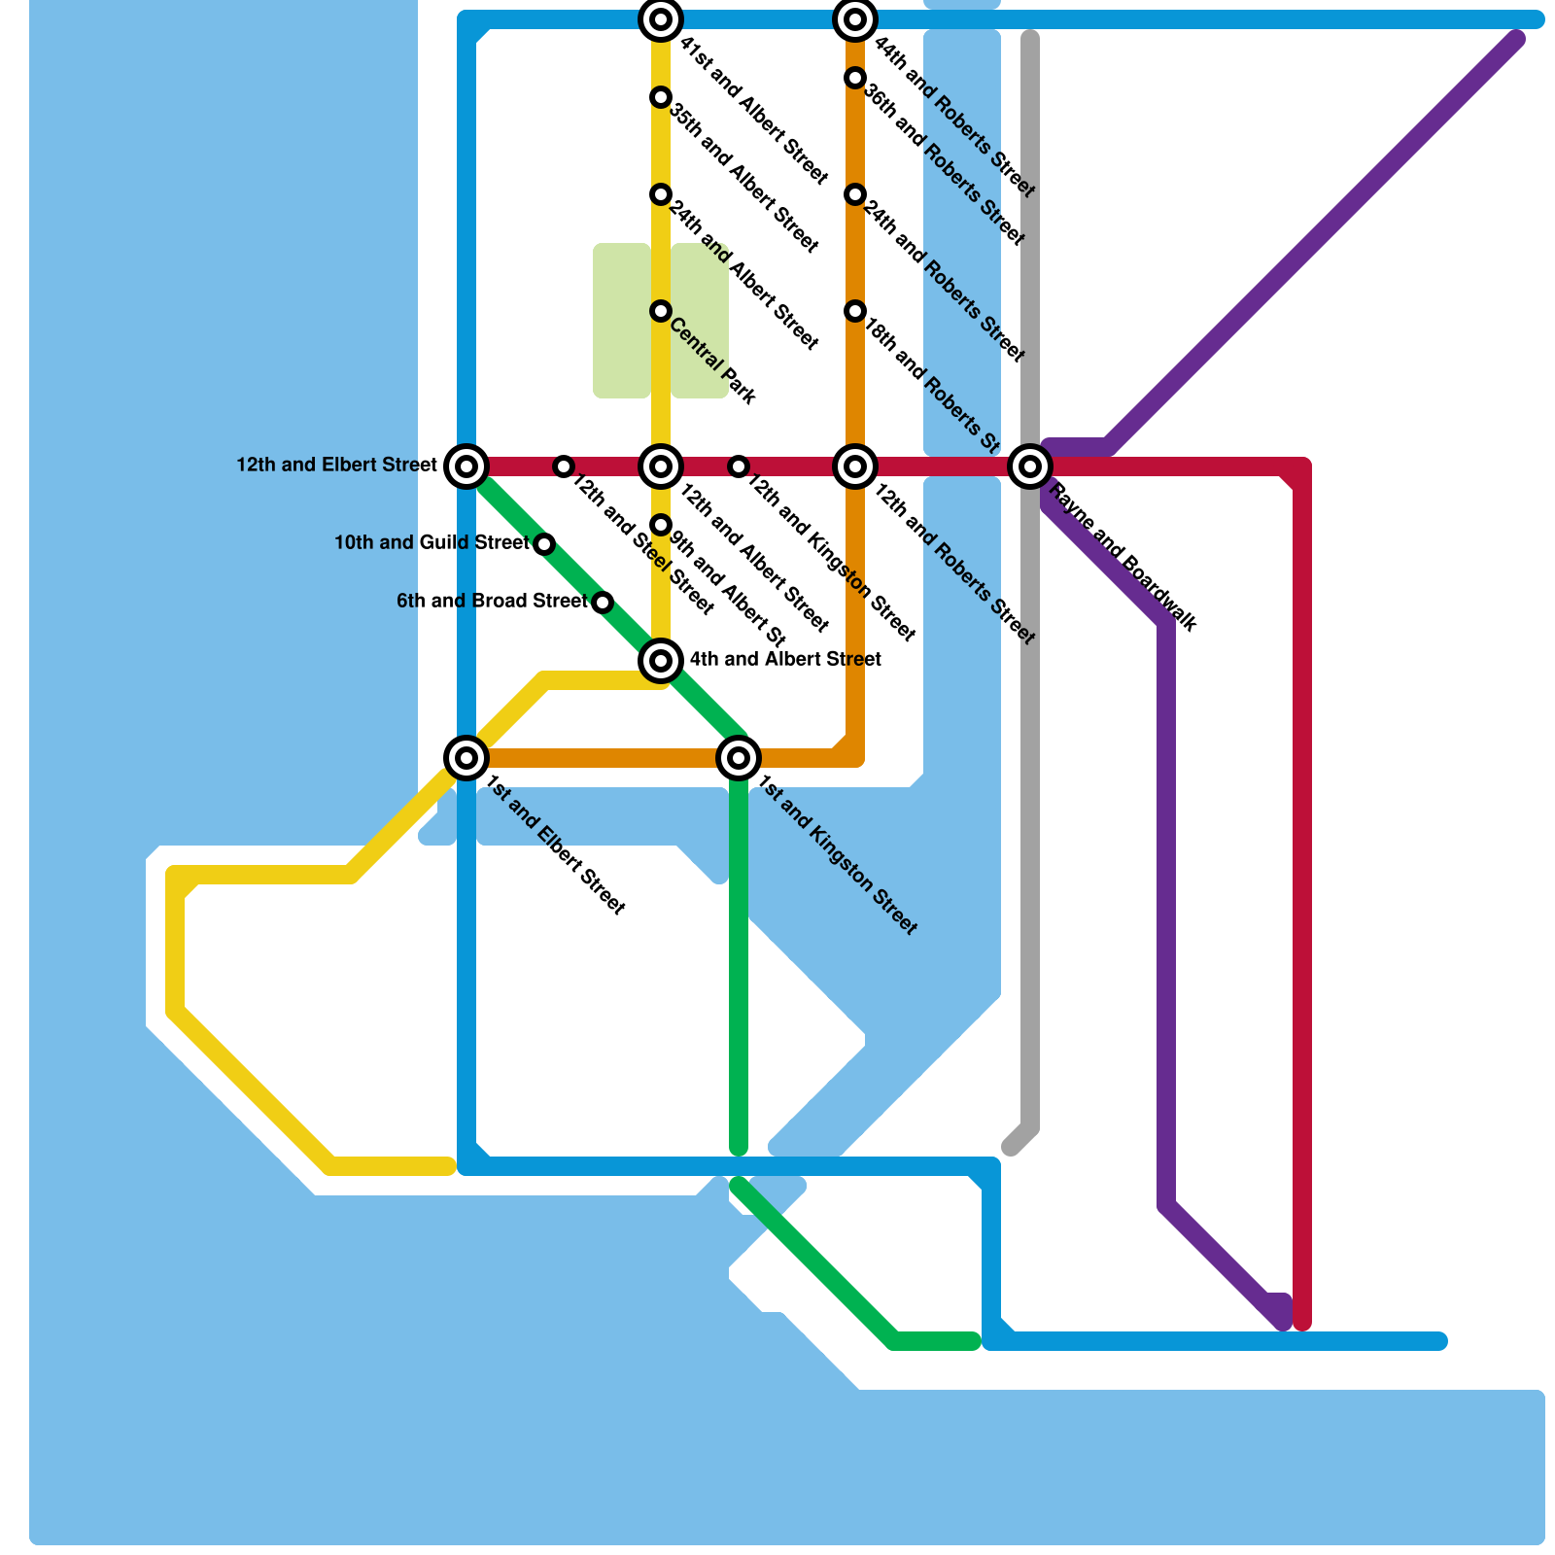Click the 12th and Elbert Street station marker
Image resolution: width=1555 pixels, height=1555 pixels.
coord(466,466)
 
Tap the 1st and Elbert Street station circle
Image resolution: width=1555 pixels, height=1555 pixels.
coord(466,757)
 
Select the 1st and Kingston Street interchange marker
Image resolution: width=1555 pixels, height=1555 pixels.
coord(739,757)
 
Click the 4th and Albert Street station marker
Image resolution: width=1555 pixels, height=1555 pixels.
coord(661,661)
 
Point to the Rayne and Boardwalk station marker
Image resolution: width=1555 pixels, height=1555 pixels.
coord(1030,466)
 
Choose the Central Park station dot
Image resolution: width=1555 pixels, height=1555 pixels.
coord(661,311)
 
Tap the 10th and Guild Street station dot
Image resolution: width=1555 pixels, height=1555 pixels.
coord(544,544)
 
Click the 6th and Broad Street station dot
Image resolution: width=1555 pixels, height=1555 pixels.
coord(603,603)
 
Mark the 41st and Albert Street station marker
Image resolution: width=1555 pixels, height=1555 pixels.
coord(661,19)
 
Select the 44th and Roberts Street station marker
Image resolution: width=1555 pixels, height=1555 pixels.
coord(855,19)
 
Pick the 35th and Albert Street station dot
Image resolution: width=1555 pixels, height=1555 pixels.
coord(661,97)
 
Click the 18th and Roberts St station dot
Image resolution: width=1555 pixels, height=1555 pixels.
coord(855,311)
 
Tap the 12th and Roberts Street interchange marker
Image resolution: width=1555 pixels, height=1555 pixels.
coord(855,466)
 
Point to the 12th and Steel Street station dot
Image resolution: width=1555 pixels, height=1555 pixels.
coord(564,466)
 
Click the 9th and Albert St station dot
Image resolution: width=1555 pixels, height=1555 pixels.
coord(661,525)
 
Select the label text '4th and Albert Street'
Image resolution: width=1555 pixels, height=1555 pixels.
coord(785,660)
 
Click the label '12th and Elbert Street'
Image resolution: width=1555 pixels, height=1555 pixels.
coord(336,466)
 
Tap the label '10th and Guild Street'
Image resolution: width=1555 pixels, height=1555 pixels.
coord(432,543)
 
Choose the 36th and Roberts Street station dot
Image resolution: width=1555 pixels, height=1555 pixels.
coord(855,78)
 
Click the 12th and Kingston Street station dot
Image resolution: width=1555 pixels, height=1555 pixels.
coord(739,466)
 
